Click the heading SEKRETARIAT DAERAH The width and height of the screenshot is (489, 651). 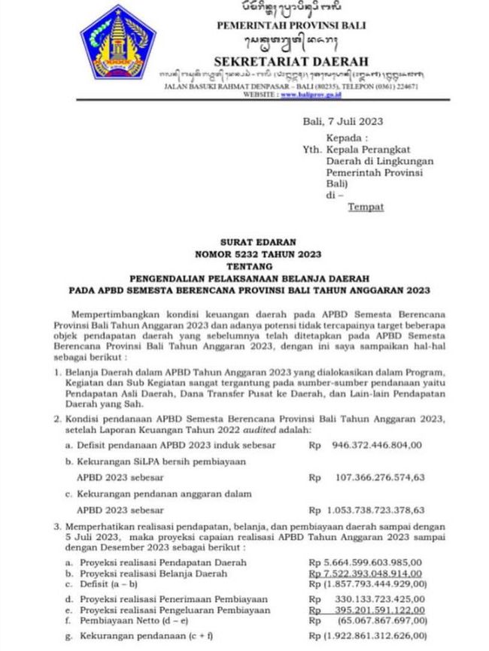point(290,60)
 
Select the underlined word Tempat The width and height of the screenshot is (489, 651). point(366,206)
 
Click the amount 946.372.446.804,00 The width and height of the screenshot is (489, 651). point(376,445)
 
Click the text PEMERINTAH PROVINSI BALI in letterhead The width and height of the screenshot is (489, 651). point(290,26)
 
